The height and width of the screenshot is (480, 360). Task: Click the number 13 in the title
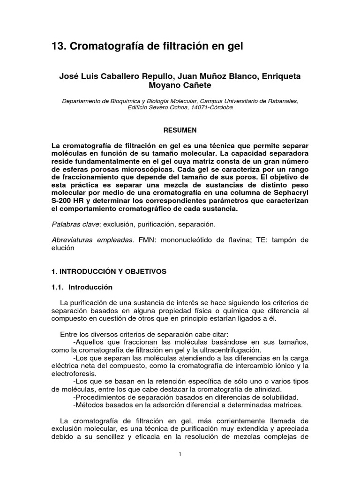click(x=58, y=46)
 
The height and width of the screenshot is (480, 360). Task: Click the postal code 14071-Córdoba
click(x=210, y=107)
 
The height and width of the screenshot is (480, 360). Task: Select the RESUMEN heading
click(x=180, y=129)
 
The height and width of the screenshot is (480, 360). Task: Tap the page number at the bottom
click(x=180, y=454)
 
